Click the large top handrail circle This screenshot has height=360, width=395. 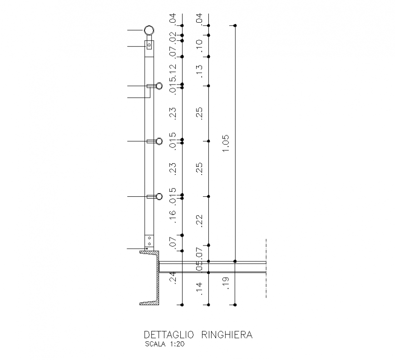[149, 30]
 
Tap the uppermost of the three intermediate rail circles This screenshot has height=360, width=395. [159, 86]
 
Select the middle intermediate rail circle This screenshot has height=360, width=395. [159, 141]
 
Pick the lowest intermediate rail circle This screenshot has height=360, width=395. [159, 196]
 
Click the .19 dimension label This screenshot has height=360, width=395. [227, 283]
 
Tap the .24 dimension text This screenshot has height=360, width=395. [173, 277]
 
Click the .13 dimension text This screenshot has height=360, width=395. [199, 70]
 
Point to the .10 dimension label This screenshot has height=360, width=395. [199, 45]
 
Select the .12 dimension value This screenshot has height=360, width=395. [173, 70]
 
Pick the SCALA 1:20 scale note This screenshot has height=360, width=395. [165, 344]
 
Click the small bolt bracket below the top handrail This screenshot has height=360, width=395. [149, 45]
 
